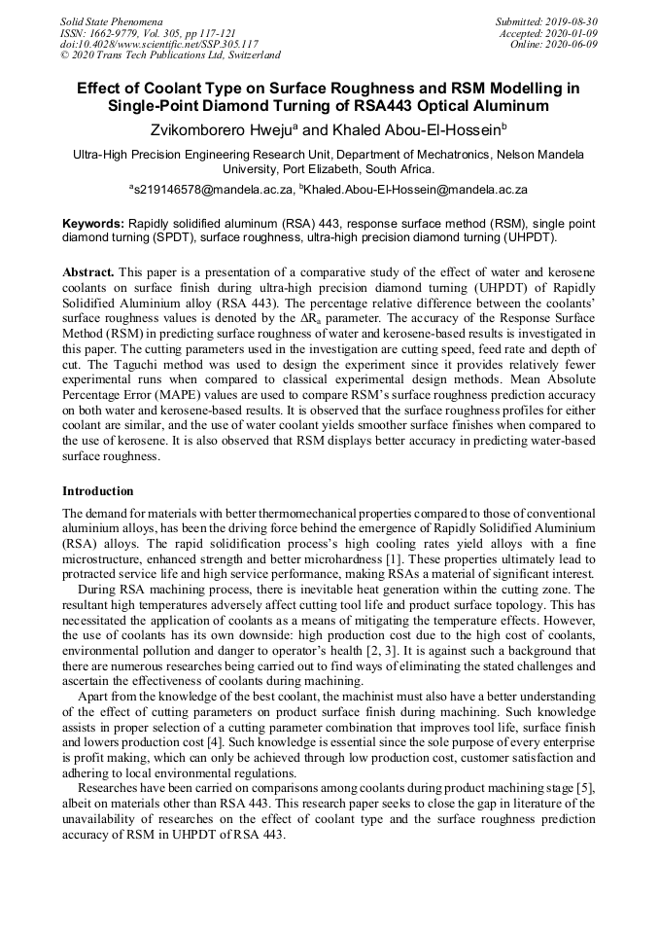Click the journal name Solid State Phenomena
111,20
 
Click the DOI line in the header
158,44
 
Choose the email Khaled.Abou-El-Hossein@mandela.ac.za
418,190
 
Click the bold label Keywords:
93,223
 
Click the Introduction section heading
98,491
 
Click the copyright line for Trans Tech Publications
170,55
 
